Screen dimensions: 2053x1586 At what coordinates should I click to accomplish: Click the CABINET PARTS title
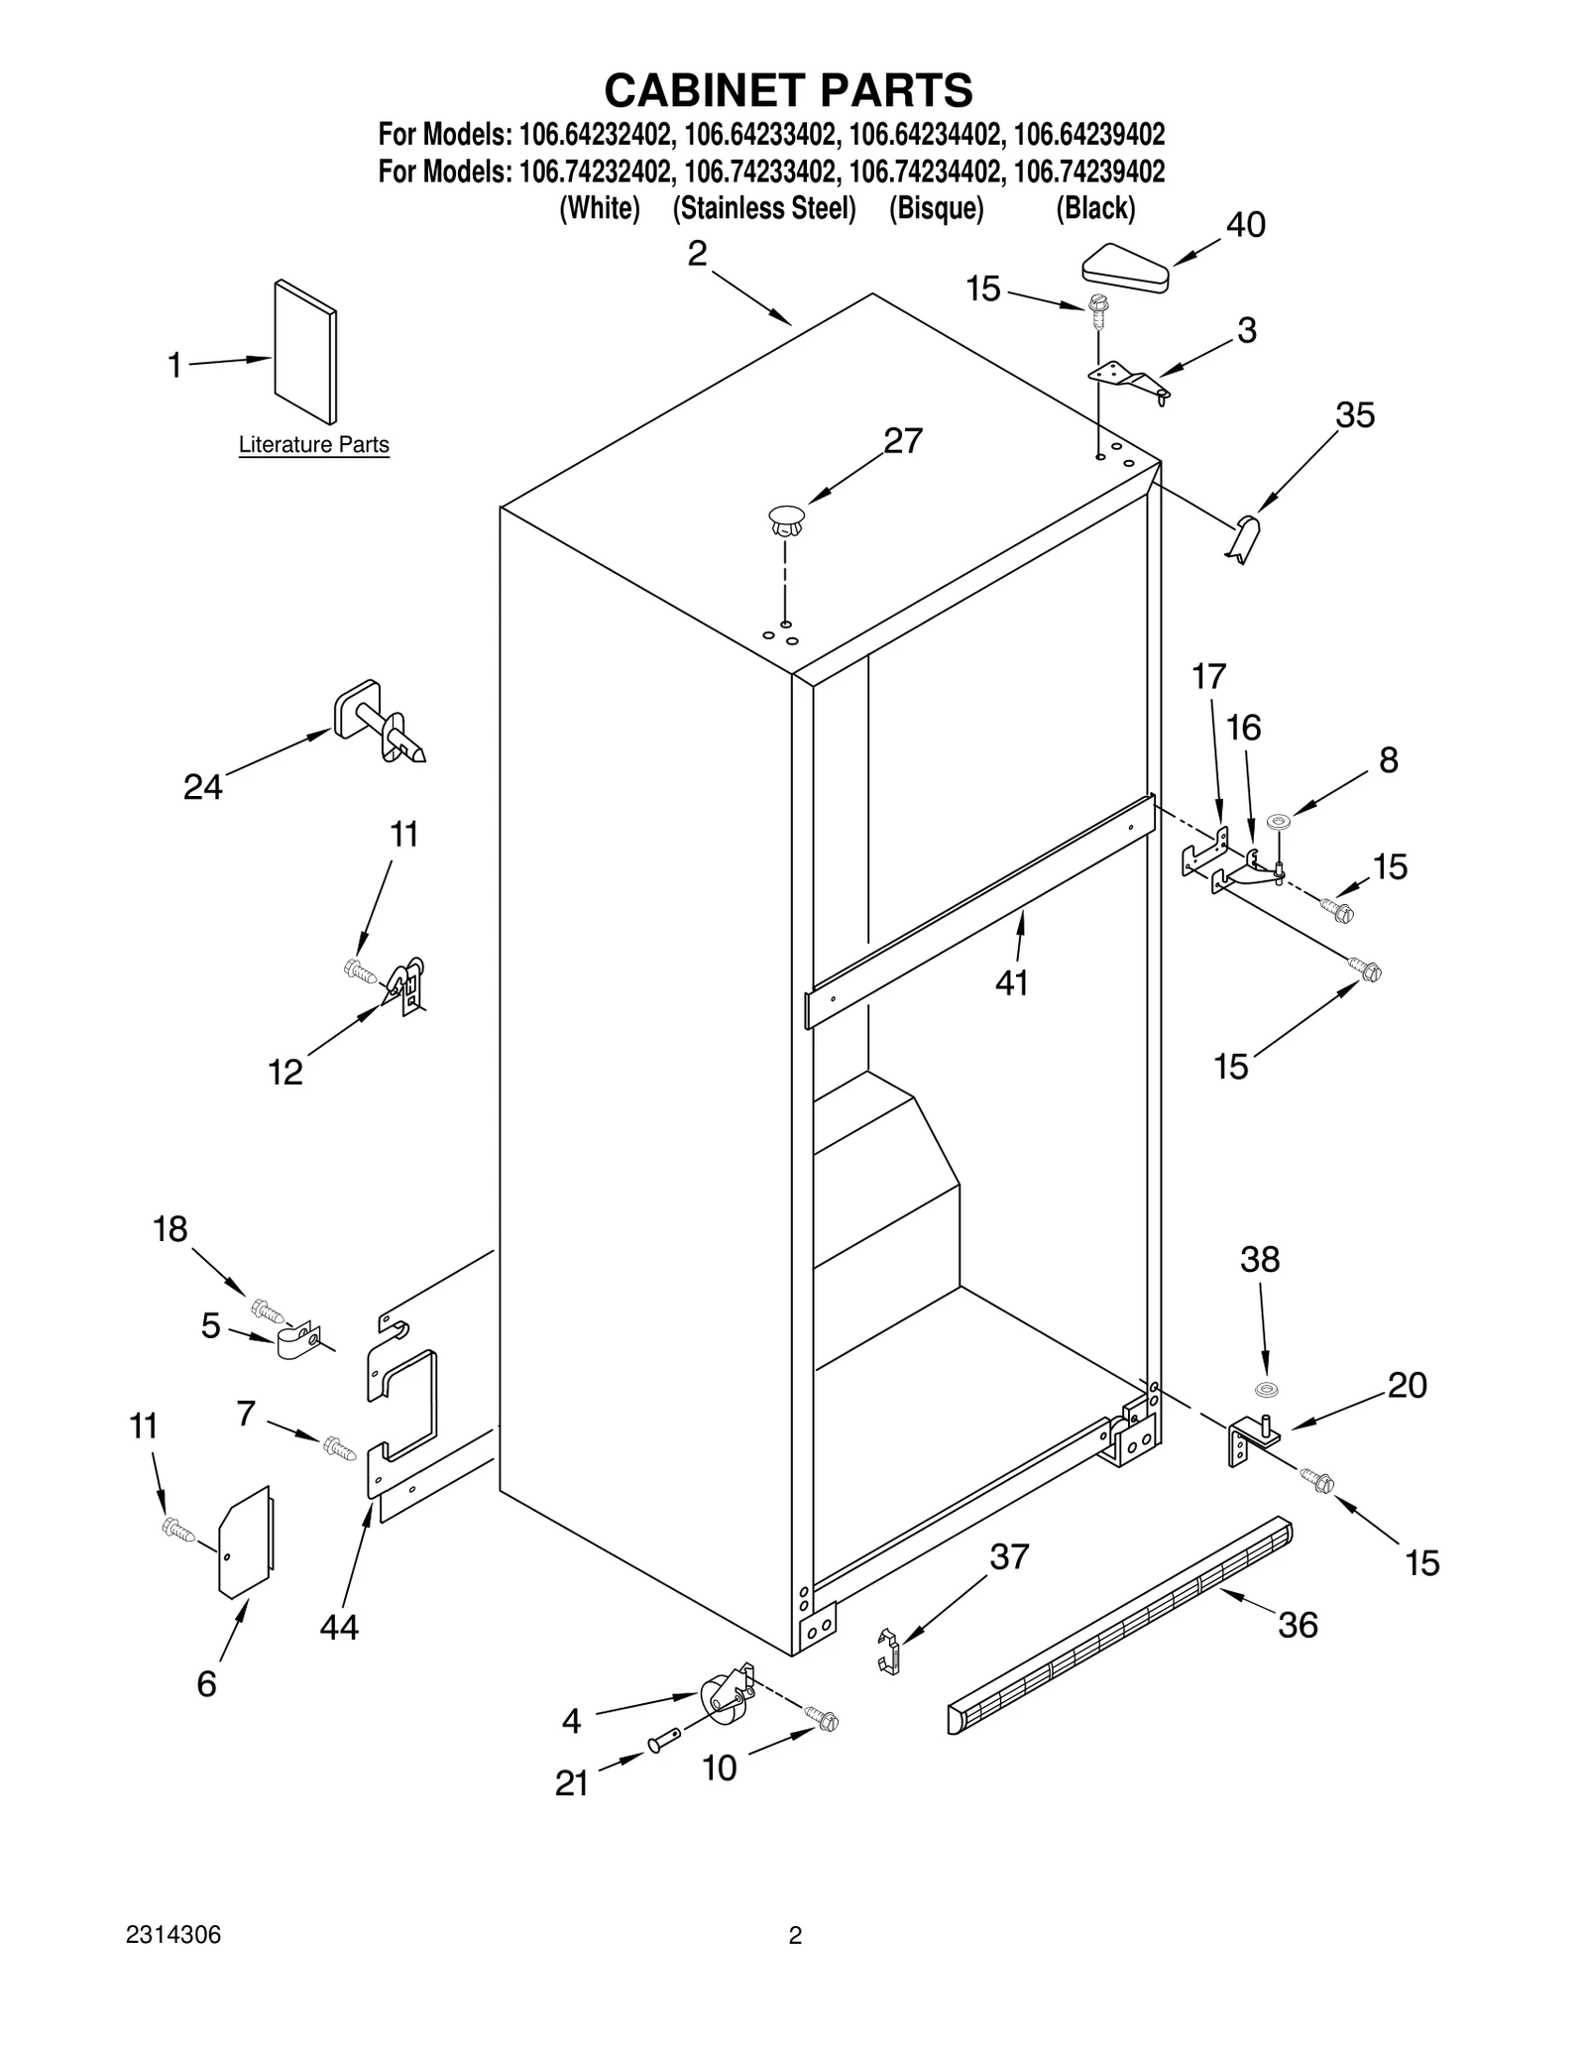[x=788, y=90]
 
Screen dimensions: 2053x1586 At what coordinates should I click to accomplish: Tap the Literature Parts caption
[x=313, y=445]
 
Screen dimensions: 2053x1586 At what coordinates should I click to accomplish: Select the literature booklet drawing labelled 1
[x=304, y=351]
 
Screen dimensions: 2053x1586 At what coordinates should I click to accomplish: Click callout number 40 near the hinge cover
[x=1245, y=226]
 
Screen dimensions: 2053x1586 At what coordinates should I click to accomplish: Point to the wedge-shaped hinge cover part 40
[x=1126, y=271]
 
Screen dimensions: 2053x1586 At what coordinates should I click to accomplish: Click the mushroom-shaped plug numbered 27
[x=786, y=519]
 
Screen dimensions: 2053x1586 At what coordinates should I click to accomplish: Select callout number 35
[x=1354, y=415]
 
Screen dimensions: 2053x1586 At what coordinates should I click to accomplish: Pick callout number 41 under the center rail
[x=1011, y=982]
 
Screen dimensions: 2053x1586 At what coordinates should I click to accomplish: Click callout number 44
[x=339, y=1627]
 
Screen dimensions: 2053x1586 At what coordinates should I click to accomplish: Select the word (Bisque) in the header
[x=936, y=209]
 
